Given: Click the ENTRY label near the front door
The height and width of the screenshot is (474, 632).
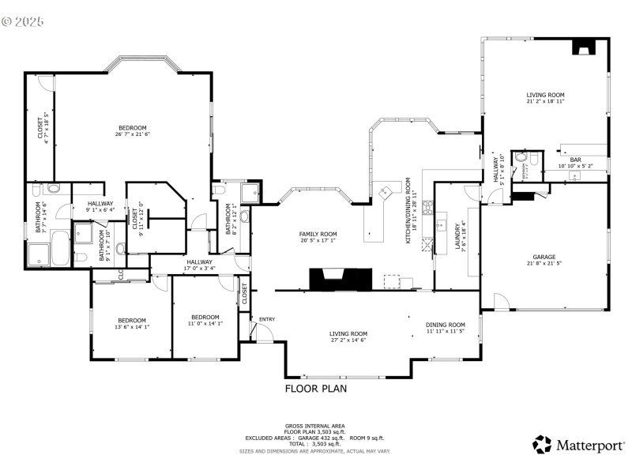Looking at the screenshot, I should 267,319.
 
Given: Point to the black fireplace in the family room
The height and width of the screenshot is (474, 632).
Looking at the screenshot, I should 340,279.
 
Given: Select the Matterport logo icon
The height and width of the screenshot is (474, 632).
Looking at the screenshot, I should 541,445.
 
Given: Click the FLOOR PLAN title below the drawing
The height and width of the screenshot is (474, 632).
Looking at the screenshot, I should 315,389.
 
